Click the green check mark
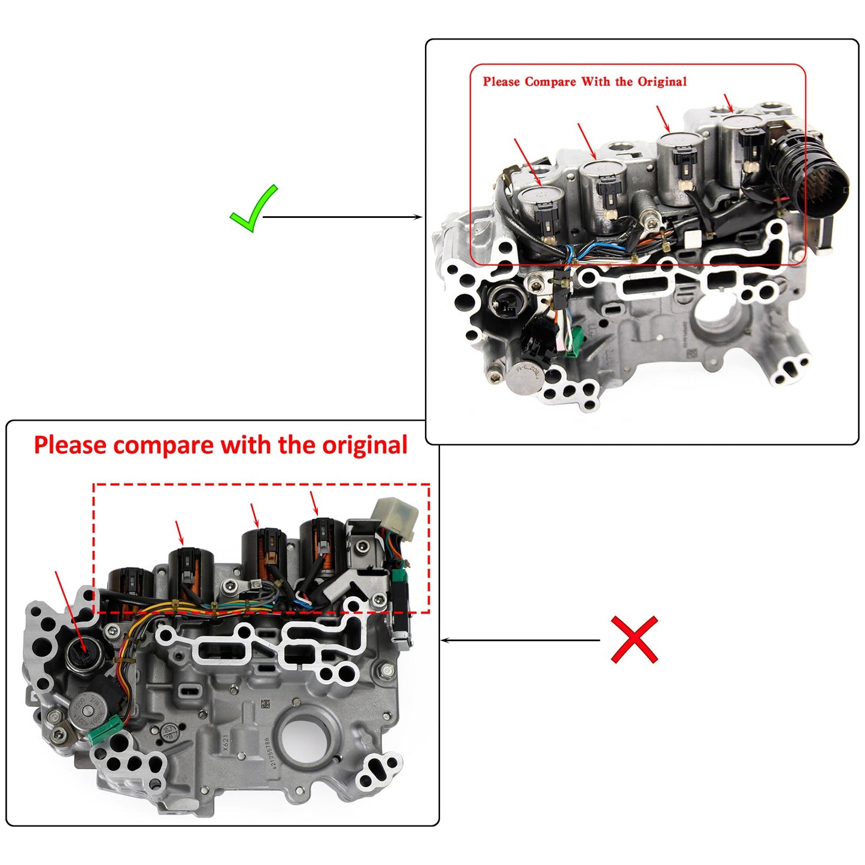pos(254,209)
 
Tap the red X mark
pos(634,639)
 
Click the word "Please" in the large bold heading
pos(70,446)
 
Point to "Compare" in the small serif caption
pos(550,82)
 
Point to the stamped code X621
pos(225,742)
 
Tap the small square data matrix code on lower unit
pos(265,703)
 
